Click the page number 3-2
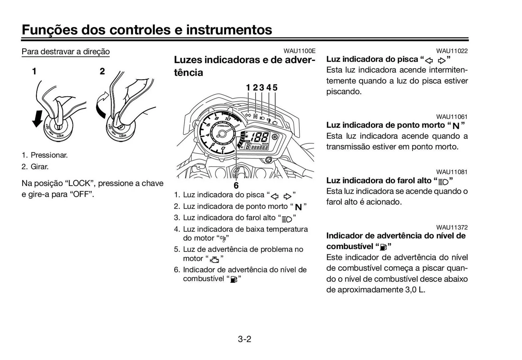(x=244, y=339)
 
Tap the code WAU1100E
(x=299, y=51)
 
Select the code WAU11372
(x=452, y=227)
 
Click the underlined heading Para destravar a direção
(x=66, y=51)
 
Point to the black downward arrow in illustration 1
(x=38, y=119)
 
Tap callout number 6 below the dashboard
(x=236, y=186)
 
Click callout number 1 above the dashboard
(x=248, y=88)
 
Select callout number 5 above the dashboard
(x=275, y=88)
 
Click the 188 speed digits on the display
(x=260, y=137)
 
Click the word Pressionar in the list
(x=49, y=155)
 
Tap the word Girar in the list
(x=39, y=167)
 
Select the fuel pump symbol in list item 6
(x=234, y=279)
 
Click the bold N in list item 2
(x=298, y=207)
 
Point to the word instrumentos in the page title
(x=229, y=30)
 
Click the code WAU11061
(x=452, y=117)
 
